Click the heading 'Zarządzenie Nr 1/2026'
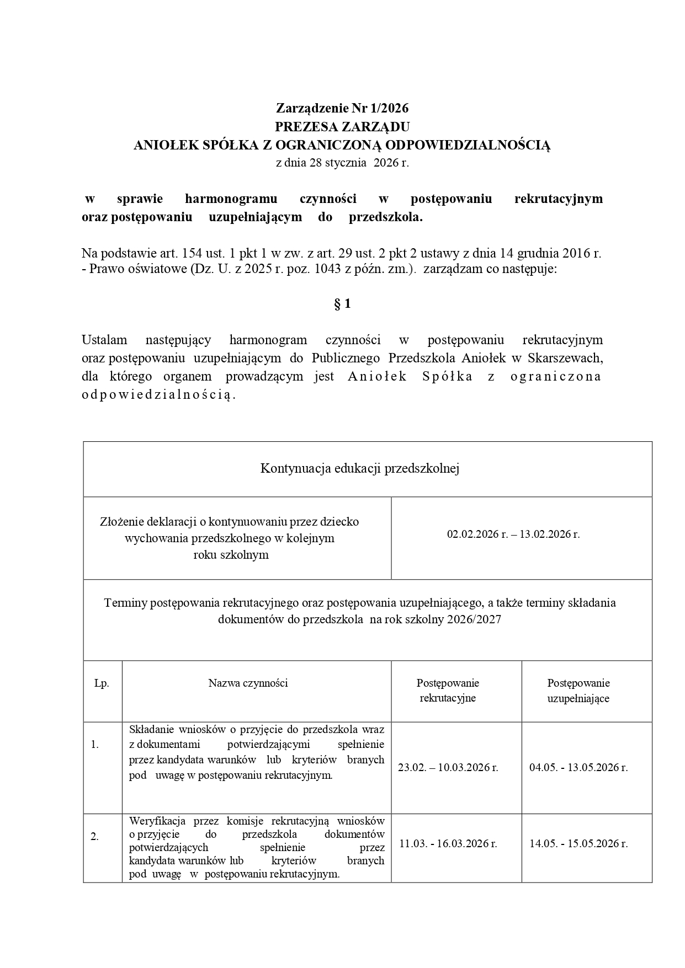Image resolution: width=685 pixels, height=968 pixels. point(342,108)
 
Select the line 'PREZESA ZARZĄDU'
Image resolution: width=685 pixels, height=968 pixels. point(342,127)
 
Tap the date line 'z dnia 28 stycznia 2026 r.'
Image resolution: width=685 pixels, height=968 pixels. point(342,163)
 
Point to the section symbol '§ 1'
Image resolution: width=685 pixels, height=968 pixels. point(342,304)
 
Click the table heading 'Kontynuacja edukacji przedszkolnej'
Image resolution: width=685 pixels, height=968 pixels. point(360,469)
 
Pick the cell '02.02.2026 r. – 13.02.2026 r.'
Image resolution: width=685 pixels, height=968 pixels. point(513,534)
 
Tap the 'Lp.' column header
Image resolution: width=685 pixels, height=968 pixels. point(102,683)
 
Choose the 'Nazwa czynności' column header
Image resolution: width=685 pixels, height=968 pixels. point(248,683)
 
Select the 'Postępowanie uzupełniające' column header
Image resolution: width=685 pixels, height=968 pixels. point(578,691)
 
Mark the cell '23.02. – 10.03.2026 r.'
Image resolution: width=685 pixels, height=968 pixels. point(448,768)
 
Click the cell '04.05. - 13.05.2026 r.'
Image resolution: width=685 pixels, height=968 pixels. point(578,768)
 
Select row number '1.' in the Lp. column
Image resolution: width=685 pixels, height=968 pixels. point(95,745)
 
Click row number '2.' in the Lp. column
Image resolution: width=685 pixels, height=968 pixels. point(95,837)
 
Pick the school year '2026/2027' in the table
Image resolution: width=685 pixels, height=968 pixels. point(475,619)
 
